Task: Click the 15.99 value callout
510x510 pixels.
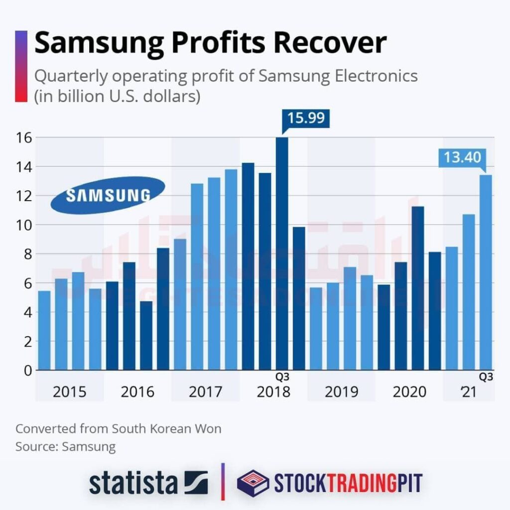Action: (x=305, y=118)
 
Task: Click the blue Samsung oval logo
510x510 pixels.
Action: (x=108, y=195)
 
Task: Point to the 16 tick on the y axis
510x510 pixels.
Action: (x=23, y=137)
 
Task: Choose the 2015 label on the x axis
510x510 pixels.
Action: (x=69, y=392)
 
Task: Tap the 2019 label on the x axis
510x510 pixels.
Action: (x=341, y=392)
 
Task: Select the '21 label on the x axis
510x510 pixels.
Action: (x=468, y=392)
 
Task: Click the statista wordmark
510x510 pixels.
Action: (x=133, y=483)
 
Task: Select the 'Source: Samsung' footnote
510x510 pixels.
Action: (x=65, y=446)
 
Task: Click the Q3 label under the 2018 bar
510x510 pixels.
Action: (x=282, y=377)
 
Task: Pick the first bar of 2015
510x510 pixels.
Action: (x=44, y=330)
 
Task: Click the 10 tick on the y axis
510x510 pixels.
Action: (x=23, y=225)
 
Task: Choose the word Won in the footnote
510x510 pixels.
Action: (x=208, y=429)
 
